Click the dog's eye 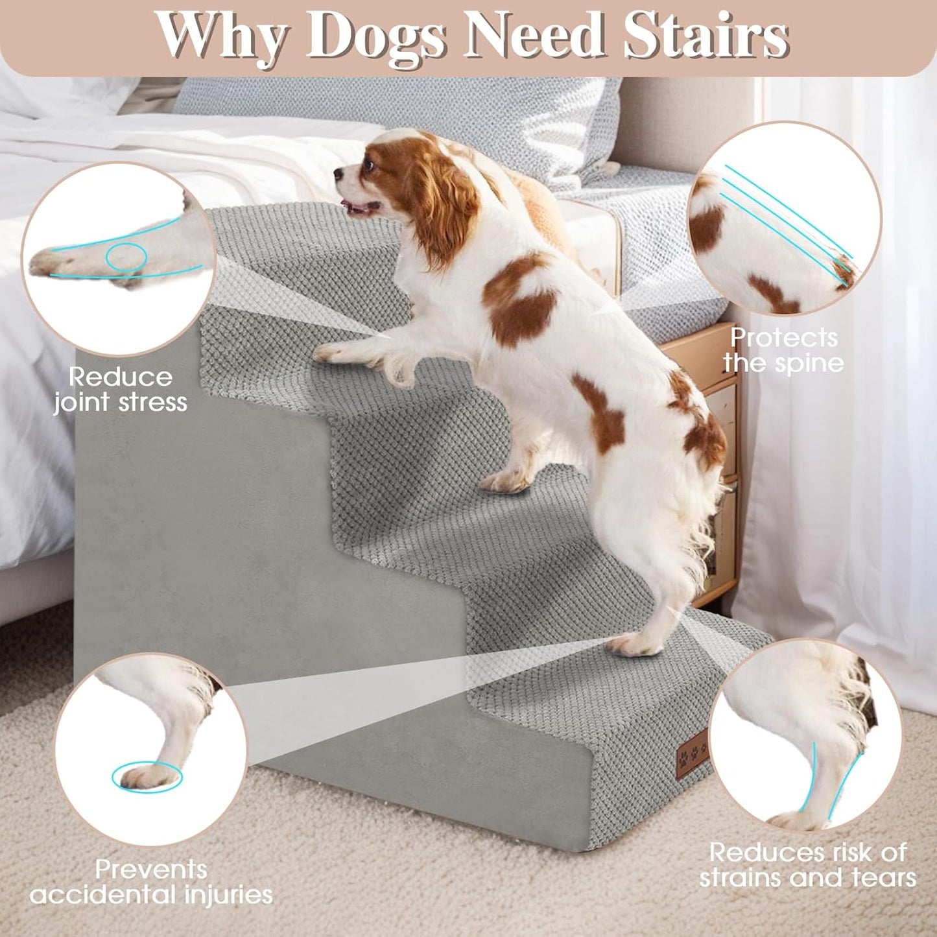(x=370, y=164)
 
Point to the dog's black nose (x=338, y=174)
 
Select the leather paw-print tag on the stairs (x=692, y=752)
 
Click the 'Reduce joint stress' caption (x=121, y=389)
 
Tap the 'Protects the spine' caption (x=783, y=350)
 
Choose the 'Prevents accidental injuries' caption (x=151, y=882)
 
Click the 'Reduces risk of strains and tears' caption (x=807, y=864)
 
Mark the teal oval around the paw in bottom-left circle (x=147, y=776)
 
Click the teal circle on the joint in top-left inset (x=126, y=257)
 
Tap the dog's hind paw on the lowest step (x=635, y=644)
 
